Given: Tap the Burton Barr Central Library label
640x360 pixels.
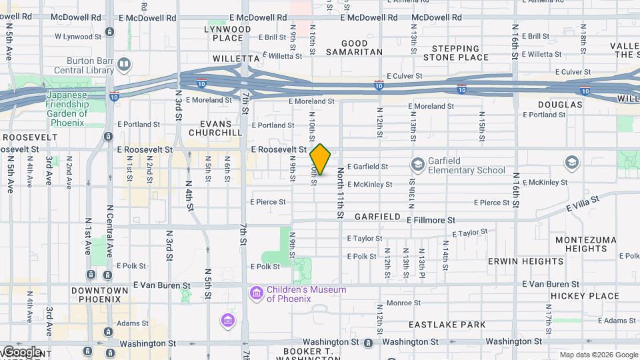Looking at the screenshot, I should (x=86, y=64).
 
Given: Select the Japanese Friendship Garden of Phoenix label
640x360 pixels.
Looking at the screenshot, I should (x=67, y=109).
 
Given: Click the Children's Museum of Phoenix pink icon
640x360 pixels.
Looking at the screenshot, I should (x=256, y=293).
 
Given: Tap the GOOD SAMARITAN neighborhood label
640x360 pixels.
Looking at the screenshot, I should (x=353, y=47).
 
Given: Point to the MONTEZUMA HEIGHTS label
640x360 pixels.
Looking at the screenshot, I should (x=580, y=244).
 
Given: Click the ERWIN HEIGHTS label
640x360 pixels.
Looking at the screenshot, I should (x=516, y=261).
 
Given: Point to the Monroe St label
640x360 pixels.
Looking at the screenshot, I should (x=403, y=303).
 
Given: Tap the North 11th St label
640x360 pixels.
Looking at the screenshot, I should (x=340, y=193).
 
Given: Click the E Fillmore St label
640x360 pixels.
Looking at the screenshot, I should (x=430, y=219).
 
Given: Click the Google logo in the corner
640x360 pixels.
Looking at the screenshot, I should (x=21, y=352).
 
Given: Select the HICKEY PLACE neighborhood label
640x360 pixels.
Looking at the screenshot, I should (x=576, y=296).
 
